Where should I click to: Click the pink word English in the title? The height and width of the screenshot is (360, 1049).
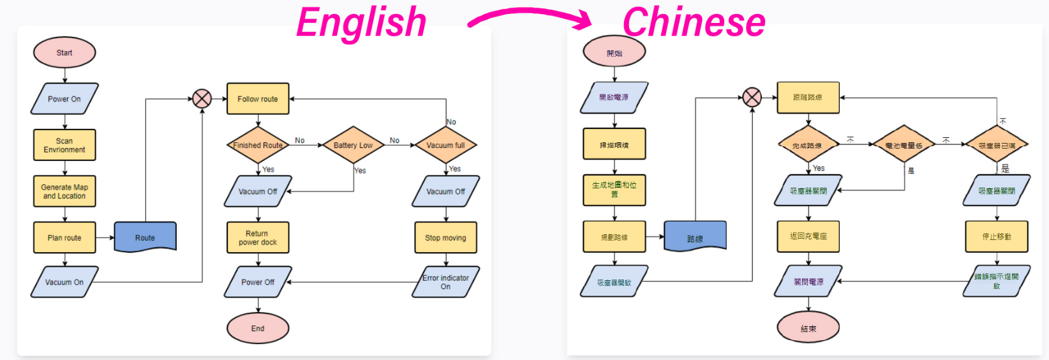click(361, 22)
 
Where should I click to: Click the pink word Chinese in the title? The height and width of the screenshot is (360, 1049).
click(694, 22)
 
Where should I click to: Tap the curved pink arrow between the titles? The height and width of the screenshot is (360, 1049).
click(530, 17)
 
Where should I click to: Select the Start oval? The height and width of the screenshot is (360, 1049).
click(64, 53)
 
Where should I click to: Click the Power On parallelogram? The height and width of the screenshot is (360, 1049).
click(64, 99)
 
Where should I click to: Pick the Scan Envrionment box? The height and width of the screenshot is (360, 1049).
click(64, 145)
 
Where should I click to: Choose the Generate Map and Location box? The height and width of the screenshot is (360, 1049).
click(64, 191)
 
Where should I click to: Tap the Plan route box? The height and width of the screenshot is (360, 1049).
click(64, 237)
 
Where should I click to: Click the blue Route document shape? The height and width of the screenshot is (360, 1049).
click(145, 237)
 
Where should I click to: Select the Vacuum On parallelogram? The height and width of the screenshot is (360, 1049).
click(64, 282)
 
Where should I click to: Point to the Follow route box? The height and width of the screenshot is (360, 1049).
click(258, 99)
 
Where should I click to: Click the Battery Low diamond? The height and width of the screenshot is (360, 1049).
click(353, 145)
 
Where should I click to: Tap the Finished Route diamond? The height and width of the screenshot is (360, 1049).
click(258, 145)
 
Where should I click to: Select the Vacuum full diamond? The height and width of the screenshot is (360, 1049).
click(445, 145)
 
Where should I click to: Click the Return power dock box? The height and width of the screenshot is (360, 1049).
click(258, 237)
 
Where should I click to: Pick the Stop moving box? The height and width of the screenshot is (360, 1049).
click(445, 237)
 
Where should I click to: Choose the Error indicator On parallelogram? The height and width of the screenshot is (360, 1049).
click(445, 282)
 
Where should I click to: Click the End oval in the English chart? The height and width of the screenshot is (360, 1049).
click(258, 328)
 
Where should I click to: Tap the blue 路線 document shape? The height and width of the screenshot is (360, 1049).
click(695, 237)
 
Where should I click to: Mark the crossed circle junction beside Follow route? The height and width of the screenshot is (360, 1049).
click(202, 99)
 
